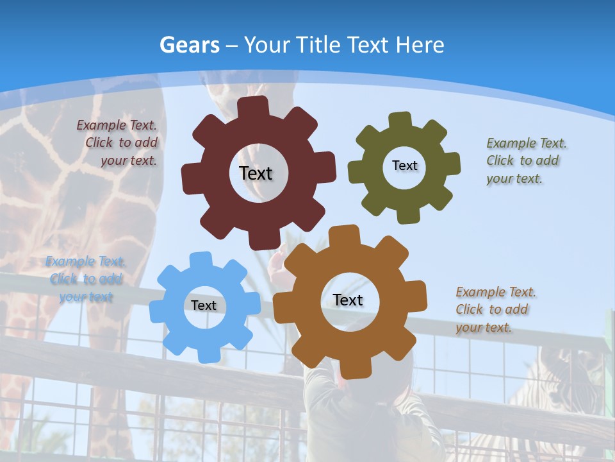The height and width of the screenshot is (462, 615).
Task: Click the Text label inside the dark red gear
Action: coord(256,173)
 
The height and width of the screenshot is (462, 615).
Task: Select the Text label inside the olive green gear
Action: coord(404,166)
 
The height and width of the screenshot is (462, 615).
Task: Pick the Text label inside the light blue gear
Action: coord(204,305)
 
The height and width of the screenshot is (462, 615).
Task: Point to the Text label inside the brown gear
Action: coord(348,300)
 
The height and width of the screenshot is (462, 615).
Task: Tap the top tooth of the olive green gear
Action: coord(400,120)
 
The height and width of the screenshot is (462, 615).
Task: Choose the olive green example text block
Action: coord(526,160)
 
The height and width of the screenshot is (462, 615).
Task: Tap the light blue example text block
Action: coord(86,279)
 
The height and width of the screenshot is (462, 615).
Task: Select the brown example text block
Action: coord(495,309)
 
